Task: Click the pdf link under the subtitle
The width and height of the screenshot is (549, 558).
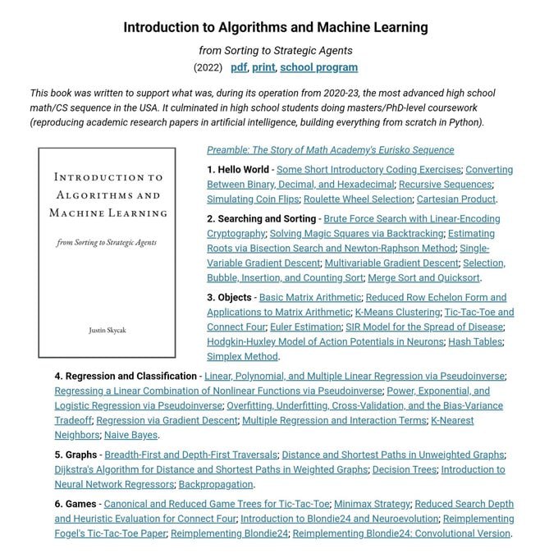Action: coord(239,67)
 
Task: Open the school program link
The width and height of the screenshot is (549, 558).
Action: coord(318,67)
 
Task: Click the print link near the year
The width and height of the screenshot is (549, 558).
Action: coord(264,67)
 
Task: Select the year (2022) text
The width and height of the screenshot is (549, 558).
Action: coord(208,67)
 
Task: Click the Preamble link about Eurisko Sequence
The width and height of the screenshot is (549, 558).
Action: coord(330,150)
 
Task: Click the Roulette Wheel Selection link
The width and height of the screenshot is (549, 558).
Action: coord(359,199)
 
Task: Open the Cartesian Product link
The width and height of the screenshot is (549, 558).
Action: coord(456,199)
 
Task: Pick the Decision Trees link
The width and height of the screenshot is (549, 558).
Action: coord(405,469)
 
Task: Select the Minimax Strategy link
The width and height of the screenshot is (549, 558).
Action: coord(371,504)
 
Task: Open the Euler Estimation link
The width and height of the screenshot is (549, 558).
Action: coord(306,327)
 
